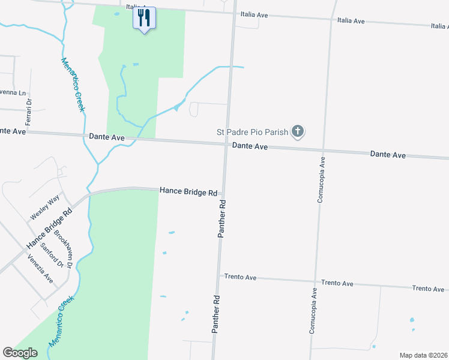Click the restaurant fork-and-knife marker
tap(144, 18)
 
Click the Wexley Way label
tap(46, 207)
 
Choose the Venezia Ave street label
tap(40, 268)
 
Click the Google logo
tap(20, 353)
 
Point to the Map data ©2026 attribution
tap(423, 355)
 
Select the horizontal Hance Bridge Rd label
tap(188, 192)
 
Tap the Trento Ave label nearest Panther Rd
tap(240, 277)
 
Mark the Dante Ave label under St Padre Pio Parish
tap(250, 146)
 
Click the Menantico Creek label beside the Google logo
tap(62, 322)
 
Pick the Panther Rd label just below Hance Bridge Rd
tap(222, 219)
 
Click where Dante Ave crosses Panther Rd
tap(226, 144)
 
